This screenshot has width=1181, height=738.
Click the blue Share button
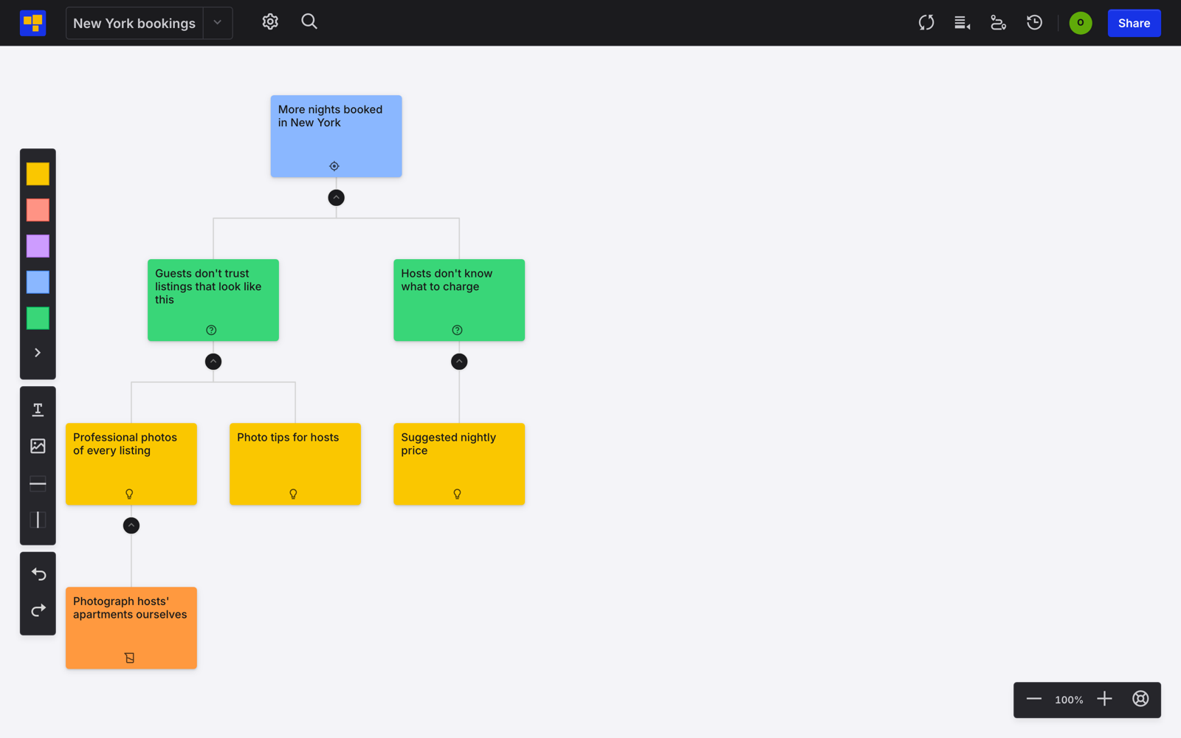coord(1134,23)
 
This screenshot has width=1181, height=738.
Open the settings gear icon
coord(270,21)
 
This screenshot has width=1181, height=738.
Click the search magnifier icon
coord(309,21)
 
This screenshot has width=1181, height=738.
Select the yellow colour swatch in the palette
coord(38,174)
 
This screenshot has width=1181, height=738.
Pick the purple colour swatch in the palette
coord(38,246)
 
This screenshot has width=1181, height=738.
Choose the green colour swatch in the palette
coord(38,318)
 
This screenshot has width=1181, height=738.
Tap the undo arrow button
coord(38,573)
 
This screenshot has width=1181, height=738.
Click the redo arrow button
coord(38,610)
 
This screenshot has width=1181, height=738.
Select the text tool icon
coord(38,410)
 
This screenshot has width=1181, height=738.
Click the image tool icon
coord(38,446)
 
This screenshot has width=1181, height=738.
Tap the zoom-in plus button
coord(1104,699)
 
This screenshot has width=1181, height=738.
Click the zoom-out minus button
coord(1033,699)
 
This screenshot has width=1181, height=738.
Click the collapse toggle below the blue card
coord(337,198)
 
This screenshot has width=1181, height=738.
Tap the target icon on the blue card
coord(334,166)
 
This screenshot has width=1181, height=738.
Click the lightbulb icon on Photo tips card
coord(293,494)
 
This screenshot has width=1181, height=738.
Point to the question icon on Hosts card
coord(457,330)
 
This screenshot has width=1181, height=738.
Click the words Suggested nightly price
coord(449,444)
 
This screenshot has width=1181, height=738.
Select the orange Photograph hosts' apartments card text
coord(130,608)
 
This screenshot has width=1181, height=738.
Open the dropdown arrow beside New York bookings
coord(217,23)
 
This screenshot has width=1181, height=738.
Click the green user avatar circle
coord(1081,23)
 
